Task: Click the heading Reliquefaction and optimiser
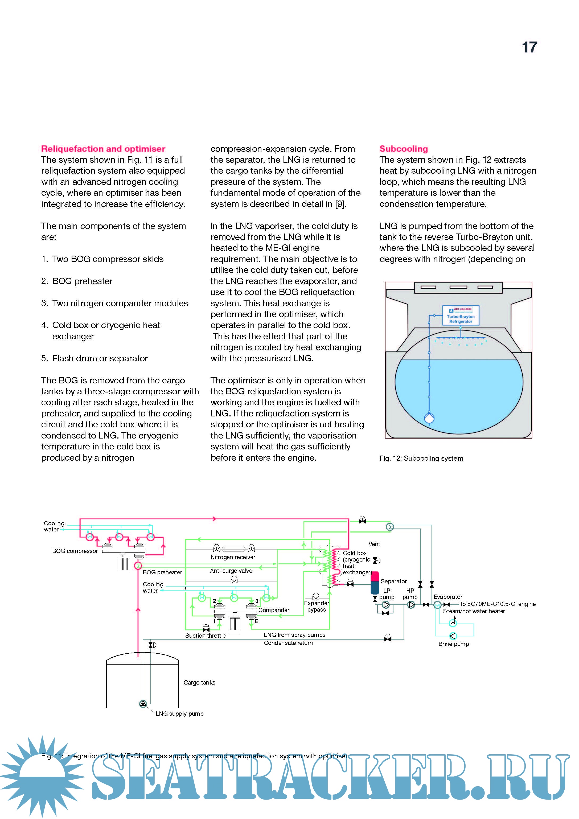[x=103, y=149]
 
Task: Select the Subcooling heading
[x=404, y=149]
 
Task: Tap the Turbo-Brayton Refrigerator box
[x=461, y=315]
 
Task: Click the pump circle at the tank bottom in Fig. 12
[x=429, y=418]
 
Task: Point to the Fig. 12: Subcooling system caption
[x=421, y=458]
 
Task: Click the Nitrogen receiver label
[x=233, y=557]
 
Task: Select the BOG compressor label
[x=75, y=551]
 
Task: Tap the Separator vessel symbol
[x=375, y=583]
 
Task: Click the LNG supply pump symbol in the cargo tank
[x=143, y=704]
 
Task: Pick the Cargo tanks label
[x=199, y=682]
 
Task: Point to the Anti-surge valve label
[x=231, y=571]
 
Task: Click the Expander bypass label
[x=317, y=607]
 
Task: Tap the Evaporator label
[x=448, y=597]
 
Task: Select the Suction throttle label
[x=205, y=636]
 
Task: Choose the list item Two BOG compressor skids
[x=108, y=259]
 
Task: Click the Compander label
[x=274, y=610]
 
